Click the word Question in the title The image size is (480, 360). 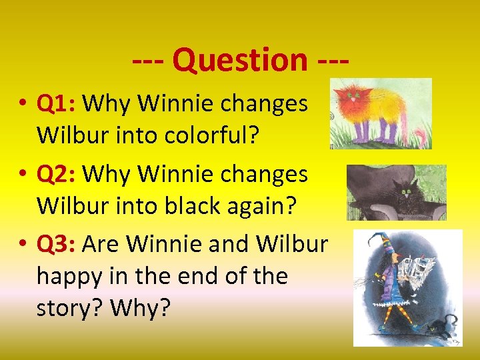tap(239, 60)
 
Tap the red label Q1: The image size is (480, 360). tap(58, 103)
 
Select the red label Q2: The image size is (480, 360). tap(58, 174)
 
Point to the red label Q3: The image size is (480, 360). tap(58, 244)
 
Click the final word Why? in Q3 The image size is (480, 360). tap(141, 307)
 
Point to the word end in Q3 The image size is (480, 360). tap(211, 275)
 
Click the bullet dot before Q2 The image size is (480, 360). tap(23, 175)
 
